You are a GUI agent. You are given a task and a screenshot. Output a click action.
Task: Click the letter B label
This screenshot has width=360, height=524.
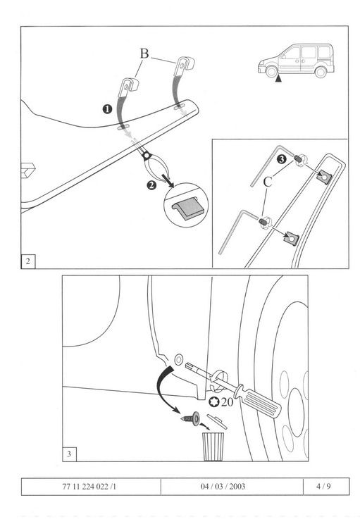tap(144, 54)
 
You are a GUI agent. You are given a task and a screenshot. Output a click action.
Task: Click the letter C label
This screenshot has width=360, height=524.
tap(268, 182)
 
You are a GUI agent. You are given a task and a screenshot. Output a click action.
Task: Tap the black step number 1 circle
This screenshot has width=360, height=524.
tap(107, 109)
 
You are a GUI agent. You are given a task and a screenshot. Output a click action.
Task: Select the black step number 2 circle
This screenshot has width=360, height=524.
tap(151, 185)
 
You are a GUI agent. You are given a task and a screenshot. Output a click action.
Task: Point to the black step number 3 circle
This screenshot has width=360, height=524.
tap(282, 159)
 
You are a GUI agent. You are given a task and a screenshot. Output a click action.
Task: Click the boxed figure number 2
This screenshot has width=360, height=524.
tap(28, 261)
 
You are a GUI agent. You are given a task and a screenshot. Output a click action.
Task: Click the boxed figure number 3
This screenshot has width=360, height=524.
tap(69, 454)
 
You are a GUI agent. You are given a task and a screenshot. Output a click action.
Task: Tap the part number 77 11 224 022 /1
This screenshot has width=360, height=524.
tap(89, 486)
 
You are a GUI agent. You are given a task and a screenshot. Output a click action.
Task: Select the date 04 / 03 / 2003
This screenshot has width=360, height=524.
tap(223, 486)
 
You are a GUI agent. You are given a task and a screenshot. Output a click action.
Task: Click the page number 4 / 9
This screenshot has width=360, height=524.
tap(323, 486)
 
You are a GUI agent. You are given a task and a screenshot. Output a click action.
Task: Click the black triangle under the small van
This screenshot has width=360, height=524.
tap(278, 79)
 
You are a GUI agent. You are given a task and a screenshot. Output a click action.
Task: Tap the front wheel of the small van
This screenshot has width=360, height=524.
tap(271, 71)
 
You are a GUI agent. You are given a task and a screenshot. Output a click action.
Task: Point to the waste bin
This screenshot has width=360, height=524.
tap(213, 447)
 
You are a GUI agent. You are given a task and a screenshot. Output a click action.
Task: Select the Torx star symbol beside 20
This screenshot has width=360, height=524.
tap(214, 401)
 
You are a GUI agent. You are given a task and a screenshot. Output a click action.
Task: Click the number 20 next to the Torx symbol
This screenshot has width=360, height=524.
tap(227, 401)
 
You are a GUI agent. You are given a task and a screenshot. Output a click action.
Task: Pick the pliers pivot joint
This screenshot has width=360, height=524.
tap(146, 156)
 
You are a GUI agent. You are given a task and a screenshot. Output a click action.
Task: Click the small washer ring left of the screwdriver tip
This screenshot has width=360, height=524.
tap(178, 360)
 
